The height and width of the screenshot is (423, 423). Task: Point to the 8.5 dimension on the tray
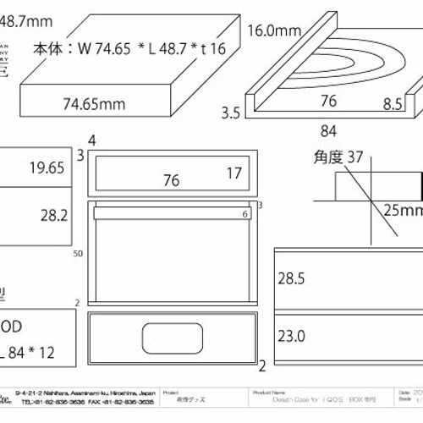(x=392, y=107)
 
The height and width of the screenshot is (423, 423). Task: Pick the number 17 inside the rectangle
(x=233, y=173)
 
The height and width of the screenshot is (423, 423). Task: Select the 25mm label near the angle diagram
(x=402, y=209)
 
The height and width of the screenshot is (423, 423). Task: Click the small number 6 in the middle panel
(x=244, y=215)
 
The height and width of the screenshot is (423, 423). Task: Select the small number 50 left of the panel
(x=79, y=254)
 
